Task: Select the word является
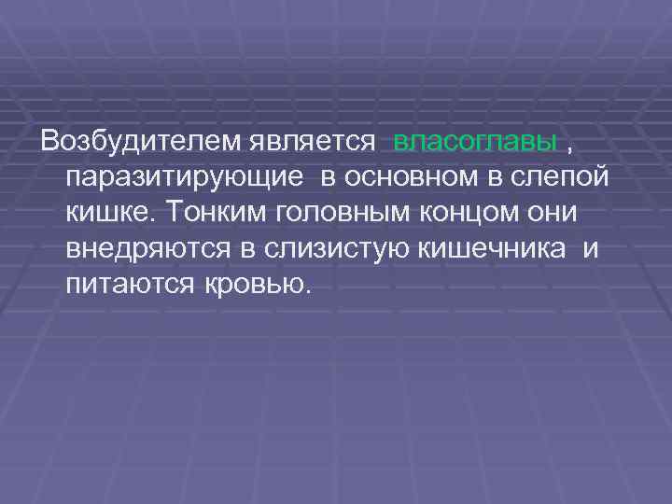point(315,142)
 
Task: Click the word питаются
point(130,284)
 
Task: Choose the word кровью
point(252,284)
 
